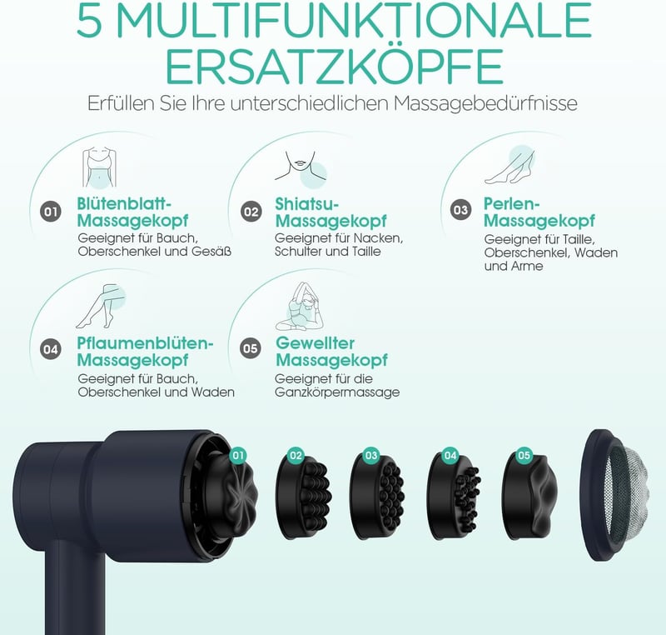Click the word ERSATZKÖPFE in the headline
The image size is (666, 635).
pos(334,67)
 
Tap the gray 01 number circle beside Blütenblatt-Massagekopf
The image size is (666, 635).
pos(51,212)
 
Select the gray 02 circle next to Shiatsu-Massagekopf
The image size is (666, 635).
pos(251,212)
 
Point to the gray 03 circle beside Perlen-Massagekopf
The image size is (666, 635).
pos(461,210)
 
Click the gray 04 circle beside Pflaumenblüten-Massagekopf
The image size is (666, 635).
pos(51,349)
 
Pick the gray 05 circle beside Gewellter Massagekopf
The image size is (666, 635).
pos(251,348)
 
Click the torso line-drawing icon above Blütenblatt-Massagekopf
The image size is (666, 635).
pos(99,167)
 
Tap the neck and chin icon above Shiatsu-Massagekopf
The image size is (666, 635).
pos(301,169)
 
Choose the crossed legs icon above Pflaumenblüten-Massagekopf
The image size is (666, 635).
pos(101,306)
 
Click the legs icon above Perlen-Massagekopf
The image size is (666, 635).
pos(509,165)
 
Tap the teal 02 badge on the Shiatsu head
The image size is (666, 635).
pos(296,456)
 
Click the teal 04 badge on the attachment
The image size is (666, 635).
pos(450,456)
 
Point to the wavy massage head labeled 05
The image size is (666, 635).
pos(529,496)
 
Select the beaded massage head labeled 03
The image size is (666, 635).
pos(377,497)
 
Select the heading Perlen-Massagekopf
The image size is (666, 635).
pos(539,212)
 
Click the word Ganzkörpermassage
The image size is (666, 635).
pos(337,392)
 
